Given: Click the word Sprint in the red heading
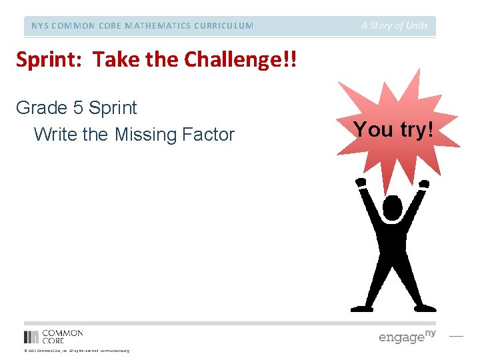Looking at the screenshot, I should [50, 60].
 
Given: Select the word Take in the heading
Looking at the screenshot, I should [113, 60].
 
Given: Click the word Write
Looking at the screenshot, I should [55, 135].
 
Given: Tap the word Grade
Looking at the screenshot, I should [41, 108].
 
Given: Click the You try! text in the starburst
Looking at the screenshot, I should [393, 129].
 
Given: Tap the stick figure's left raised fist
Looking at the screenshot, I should [361, 182].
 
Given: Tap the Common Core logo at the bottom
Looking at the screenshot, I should [53, 336].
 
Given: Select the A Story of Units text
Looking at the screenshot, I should [395, 26].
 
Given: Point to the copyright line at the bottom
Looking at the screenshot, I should [76, 351].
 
